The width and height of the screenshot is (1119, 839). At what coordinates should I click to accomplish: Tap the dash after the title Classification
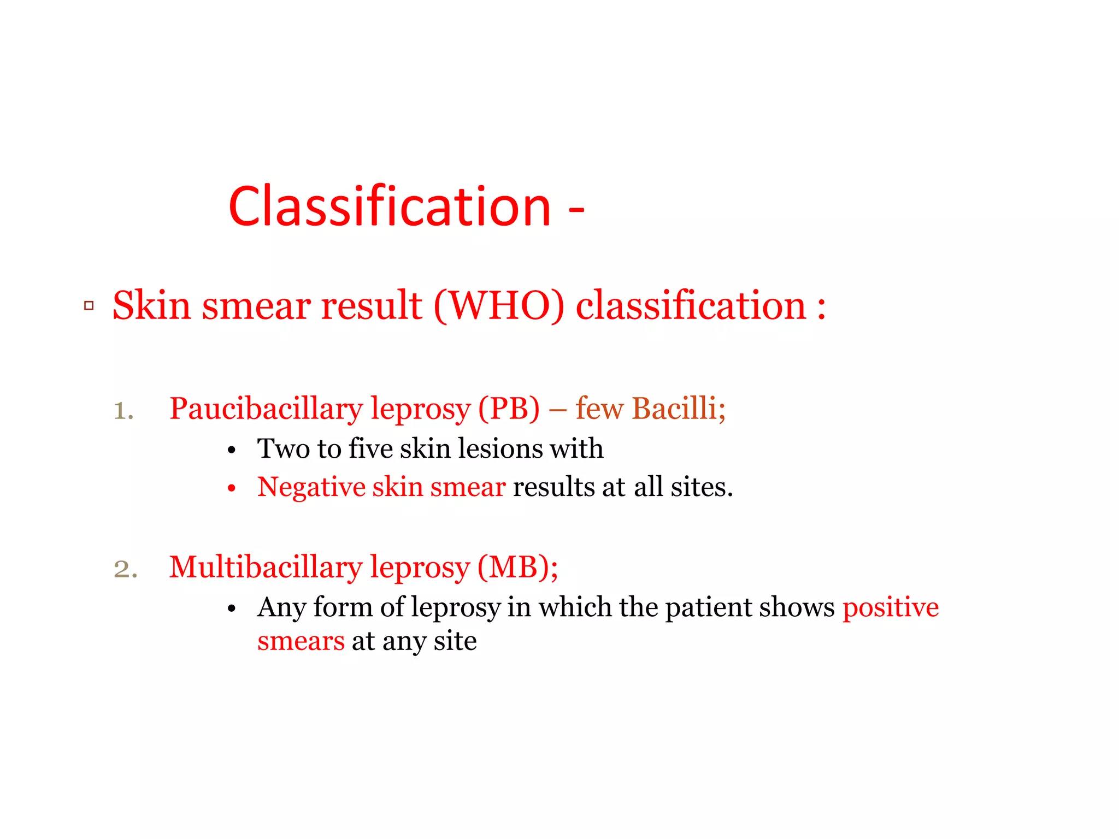576,209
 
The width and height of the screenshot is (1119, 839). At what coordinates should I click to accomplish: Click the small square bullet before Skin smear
89,306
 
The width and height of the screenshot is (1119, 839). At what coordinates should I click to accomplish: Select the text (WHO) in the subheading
498,306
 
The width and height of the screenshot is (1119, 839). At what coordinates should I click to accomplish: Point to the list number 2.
125,569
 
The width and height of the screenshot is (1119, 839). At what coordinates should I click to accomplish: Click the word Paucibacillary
266,409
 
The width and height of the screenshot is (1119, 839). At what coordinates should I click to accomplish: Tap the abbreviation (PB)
509,409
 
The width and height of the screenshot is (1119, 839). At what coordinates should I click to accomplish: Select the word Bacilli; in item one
679,408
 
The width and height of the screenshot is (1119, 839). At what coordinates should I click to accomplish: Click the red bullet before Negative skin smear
232,488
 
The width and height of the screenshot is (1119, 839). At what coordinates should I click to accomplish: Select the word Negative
311,487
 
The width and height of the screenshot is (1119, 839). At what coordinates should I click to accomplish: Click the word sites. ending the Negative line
702,487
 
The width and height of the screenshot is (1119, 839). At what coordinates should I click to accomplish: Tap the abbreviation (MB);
517,568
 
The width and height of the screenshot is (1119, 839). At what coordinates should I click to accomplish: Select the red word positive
890,608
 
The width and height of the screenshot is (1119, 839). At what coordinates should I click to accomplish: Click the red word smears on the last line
301,641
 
